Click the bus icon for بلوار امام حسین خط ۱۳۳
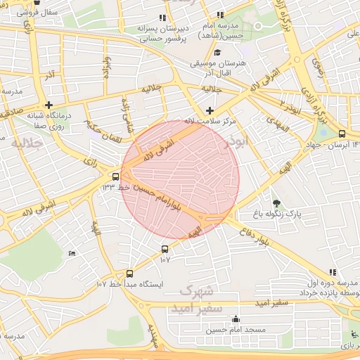point(115,176)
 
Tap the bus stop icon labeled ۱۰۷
point(165,249)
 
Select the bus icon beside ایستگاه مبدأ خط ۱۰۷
point(129,274)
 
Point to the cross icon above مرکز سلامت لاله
point(210,110)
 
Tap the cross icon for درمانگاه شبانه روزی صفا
point(49,105)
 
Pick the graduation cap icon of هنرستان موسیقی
point(218,53)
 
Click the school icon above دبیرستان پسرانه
point(163,18)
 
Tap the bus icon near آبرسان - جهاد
point(342,134)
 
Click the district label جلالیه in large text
point(27,143)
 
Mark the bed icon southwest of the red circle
point(72,253)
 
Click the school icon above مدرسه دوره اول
point(333,272)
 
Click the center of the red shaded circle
point(180,180)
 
